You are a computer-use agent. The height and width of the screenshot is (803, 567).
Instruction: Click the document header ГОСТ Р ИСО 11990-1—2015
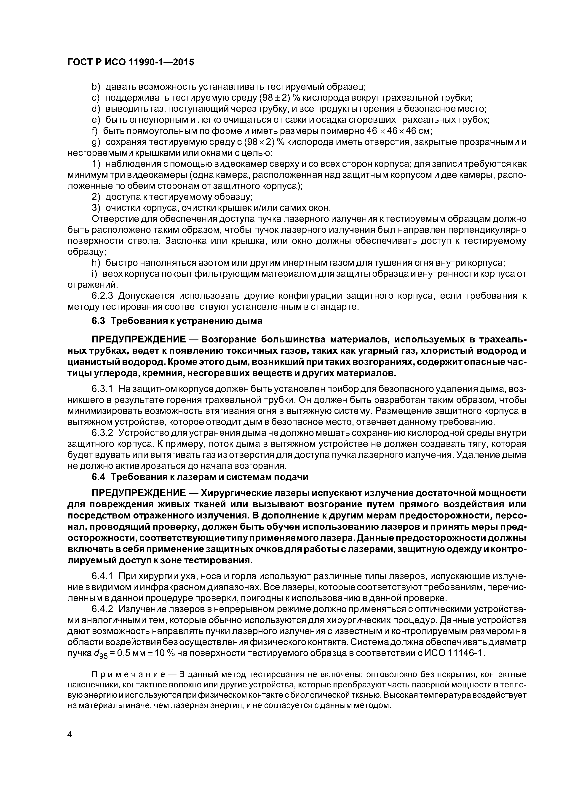click(130, 62)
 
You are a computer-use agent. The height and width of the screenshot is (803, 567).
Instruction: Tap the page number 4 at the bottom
click(70, 745)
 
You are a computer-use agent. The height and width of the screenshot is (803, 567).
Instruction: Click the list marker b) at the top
click(96, 86)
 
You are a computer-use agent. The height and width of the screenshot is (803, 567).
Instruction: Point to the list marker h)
click(96, 263)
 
